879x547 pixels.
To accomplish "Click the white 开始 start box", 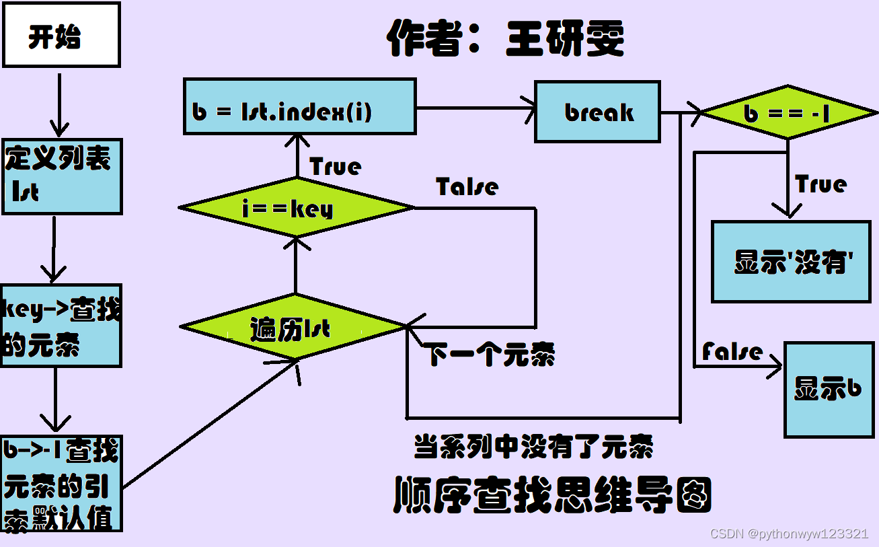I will (x=61, y=35).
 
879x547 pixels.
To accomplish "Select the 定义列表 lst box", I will (x=62, y=176).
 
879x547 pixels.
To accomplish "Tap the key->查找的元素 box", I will (x=61, y=326).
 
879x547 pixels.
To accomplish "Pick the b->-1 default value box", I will (x=61, y=483).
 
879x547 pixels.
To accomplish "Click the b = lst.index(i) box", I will (x=299, y=107).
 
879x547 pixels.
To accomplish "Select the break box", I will (x=597, y=112).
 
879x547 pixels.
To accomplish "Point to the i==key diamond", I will (x=296, y=208).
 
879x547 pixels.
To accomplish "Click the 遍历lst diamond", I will (x=293, y=328).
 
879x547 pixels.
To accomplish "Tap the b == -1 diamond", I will (x=788, y=112).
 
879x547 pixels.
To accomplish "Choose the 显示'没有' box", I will (x=791, y=261).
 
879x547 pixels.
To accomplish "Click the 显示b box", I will (x=829, y=390).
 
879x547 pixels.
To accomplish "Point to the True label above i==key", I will (x=335, y=166).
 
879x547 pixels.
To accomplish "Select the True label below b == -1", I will (x=820, y=184).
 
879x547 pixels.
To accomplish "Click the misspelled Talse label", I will (x=467, y=186).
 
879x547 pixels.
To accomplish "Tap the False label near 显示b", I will (x=732, y=351).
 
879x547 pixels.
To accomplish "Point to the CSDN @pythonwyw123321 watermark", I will (x=789, y=534).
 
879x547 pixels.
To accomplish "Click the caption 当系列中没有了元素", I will (x=533, y=446).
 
